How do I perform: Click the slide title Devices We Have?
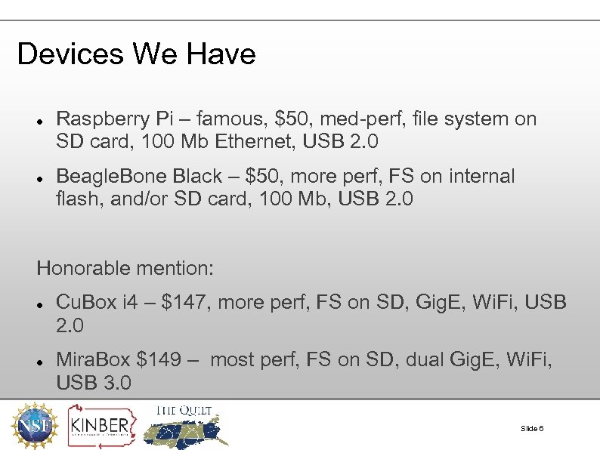(136, 54)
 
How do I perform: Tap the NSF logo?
(32, 425)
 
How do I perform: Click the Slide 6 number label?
(532, 429)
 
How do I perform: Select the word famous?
(234, 119)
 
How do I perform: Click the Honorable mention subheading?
(125, 268)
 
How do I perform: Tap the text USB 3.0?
(94, 382)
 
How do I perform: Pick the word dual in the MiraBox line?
(425, 359)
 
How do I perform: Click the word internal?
(481, 177)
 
